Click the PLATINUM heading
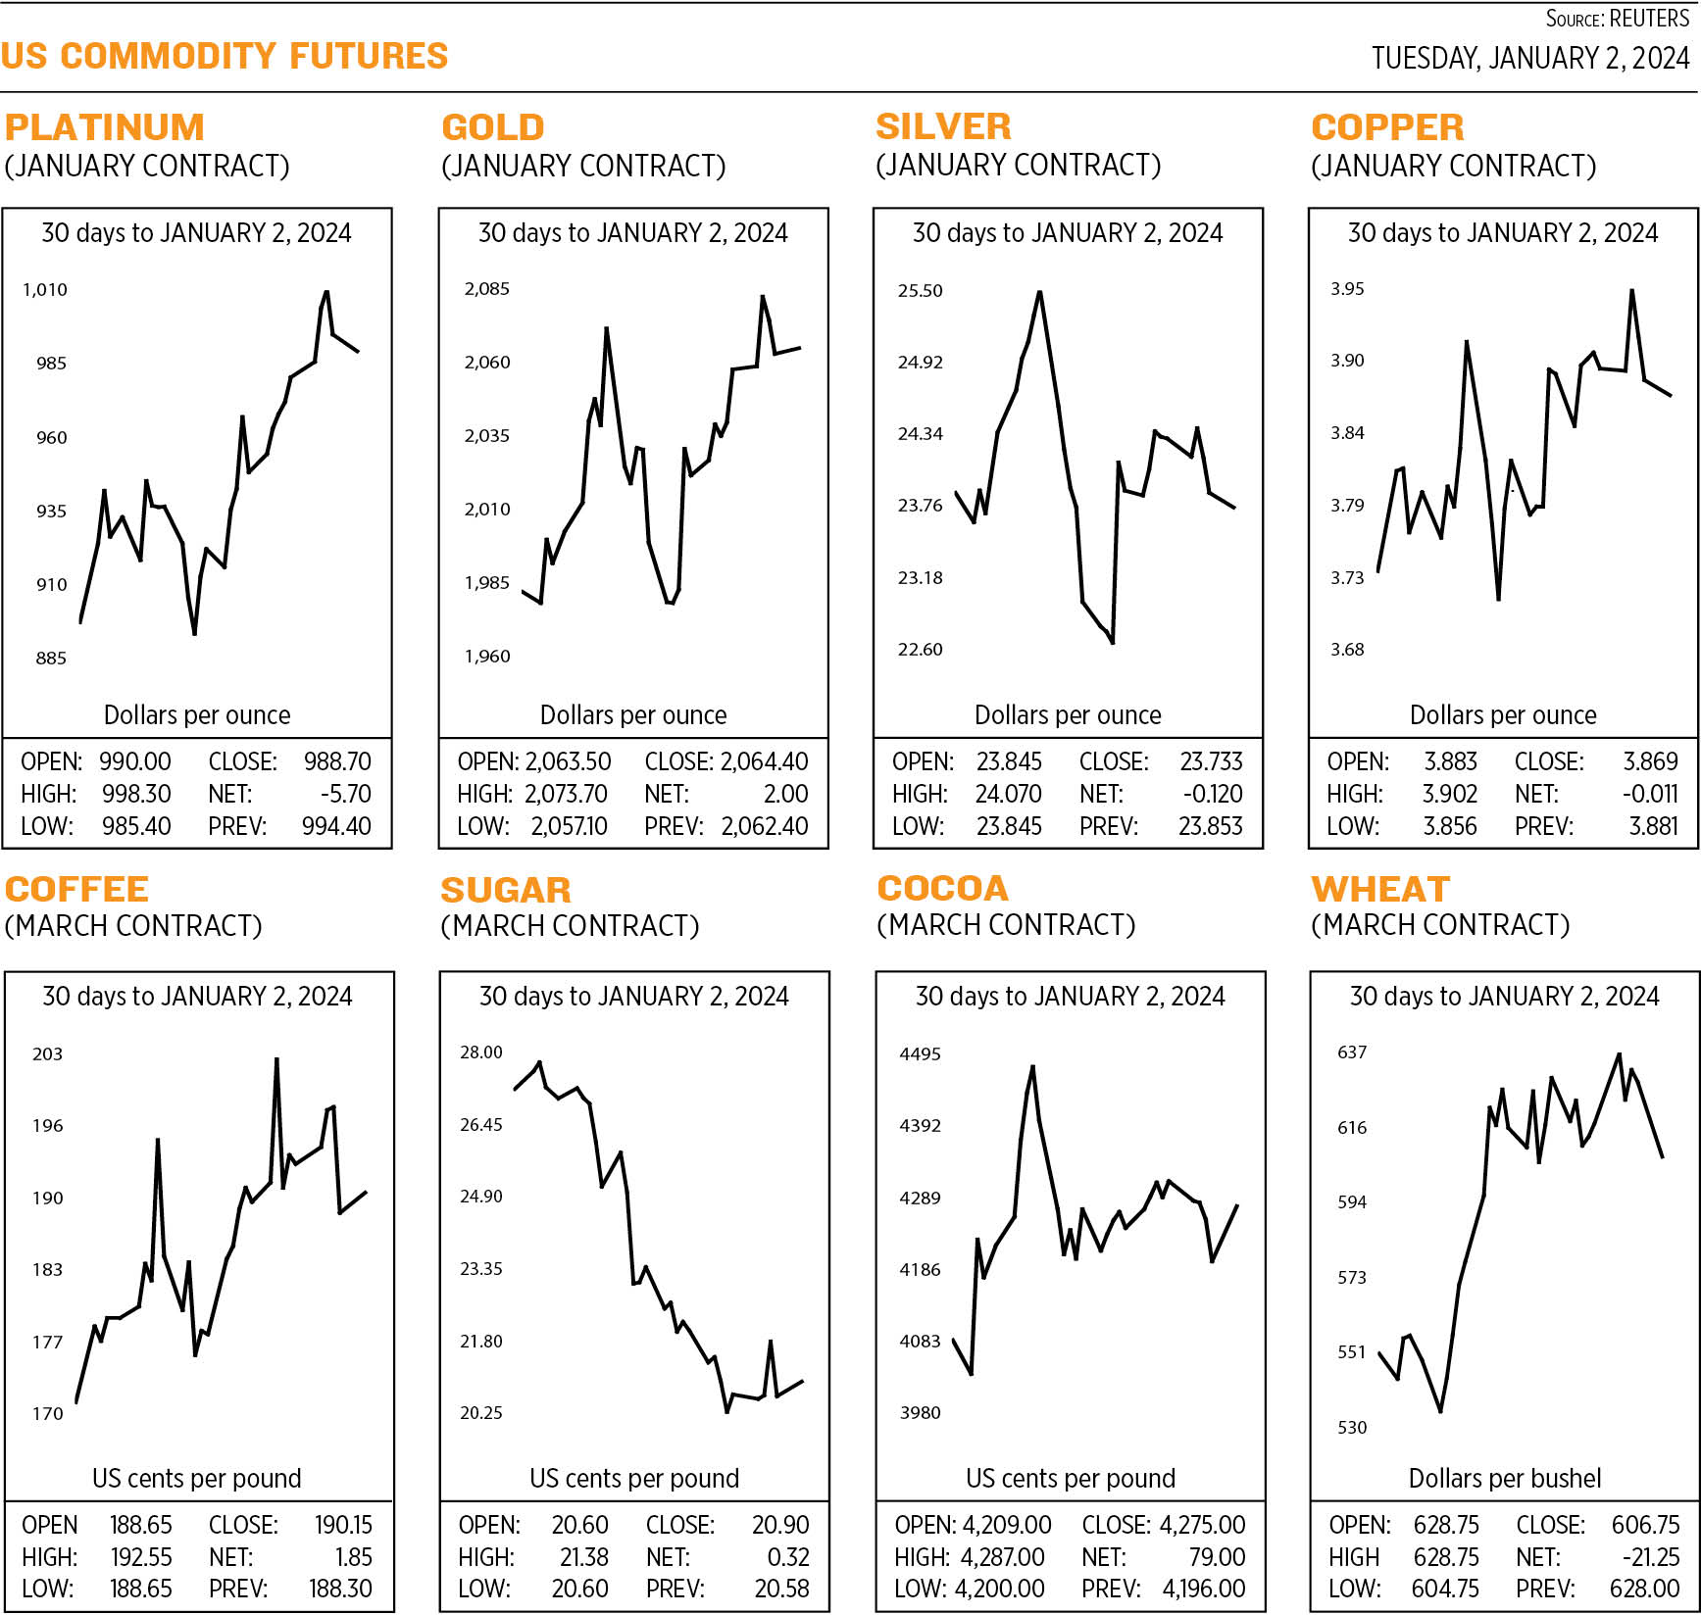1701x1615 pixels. click(x=105, y=127)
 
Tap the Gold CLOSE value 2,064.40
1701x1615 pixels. click(x=764, y=761)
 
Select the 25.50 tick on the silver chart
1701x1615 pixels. click(x=920, y=291)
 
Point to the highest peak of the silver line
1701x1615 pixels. click(x=1039, y=292)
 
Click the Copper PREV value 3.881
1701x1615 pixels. click(x=1653, y=826)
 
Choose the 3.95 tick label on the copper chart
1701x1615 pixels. click(x=1347, y=289)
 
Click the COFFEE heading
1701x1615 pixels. click(x=76, y=889)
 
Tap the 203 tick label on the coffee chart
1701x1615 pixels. click(x=47, y=1054)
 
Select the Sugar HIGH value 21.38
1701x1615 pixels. click(x=583, y=1557)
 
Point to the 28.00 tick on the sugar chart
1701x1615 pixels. click(x=480, y=1052)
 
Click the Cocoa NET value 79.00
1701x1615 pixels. click(x=1217, y=1557)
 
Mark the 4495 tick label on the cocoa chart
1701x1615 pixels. click(x=920, y=1054)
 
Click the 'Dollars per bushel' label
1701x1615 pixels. click(x=1504, y=1478)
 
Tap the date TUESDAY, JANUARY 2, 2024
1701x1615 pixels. click(x=1529, y=59)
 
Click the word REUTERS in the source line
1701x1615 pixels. click(x=1649, y=19)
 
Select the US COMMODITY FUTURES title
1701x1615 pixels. click(x=225, y=56)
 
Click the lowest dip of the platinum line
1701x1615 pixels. click(x=194, y=634)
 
